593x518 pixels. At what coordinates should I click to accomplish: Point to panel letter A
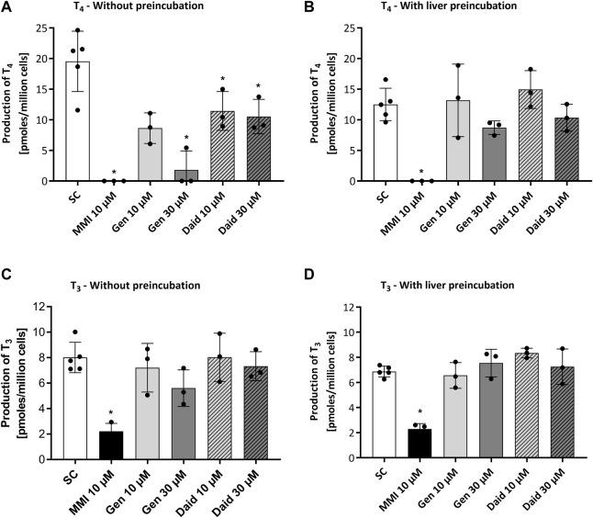coord(7,8)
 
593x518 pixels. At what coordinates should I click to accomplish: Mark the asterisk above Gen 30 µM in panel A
coord(187,138)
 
